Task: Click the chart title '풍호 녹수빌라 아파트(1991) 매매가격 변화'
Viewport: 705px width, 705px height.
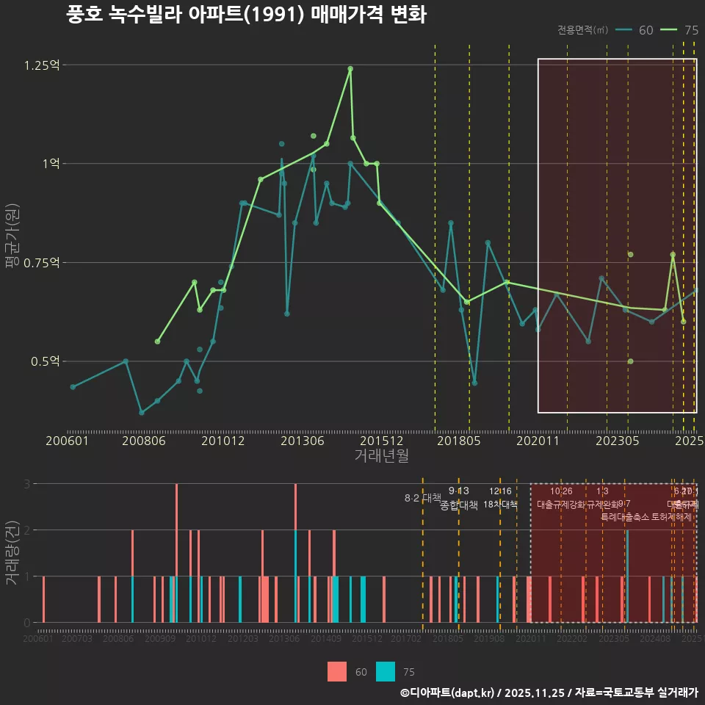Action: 246,15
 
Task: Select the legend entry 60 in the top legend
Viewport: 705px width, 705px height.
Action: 635,30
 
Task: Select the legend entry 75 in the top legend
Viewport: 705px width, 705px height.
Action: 680,30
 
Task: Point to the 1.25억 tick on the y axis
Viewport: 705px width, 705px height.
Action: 41,65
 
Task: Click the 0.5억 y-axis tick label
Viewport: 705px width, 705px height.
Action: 44,361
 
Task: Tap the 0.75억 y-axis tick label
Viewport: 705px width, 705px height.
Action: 41,263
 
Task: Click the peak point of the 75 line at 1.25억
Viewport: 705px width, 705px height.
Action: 350,68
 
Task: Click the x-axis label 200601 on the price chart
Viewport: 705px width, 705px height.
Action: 67,441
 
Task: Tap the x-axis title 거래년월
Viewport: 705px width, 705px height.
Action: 381,456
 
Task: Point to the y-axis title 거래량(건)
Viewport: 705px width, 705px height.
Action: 12,553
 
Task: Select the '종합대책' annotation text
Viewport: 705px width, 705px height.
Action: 459,505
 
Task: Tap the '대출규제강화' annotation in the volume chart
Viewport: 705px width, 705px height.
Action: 561,505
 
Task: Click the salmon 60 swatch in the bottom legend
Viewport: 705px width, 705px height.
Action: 337,671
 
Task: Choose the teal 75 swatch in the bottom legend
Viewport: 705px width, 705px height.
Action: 386,671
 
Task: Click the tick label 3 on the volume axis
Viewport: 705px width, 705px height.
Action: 26,484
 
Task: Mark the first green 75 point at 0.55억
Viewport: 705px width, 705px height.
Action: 157,341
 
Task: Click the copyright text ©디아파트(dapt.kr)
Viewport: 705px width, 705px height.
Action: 448,693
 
